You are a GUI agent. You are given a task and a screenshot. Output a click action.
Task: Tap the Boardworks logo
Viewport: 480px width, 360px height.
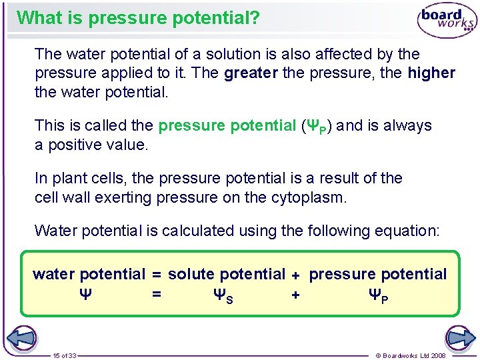point(446,21)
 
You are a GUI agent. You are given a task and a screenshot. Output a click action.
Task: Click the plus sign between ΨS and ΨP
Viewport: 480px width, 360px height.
point(295,294)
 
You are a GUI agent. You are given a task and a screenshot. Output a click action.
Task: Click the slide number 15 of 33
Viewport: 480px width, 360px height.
point(65,355)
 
